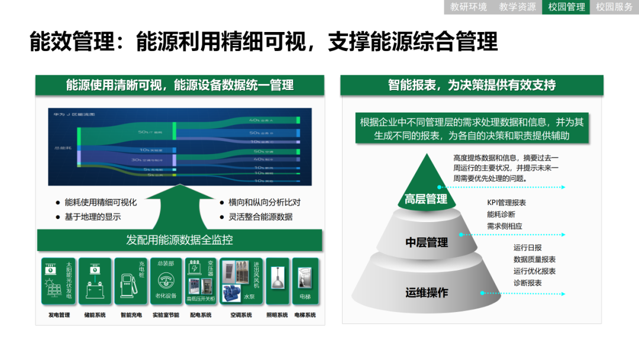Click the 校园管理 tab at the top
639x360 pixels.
(566, 7)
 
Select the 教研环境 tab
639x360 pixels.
(469, 7)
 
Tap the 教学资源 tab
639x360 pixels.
(517, 7)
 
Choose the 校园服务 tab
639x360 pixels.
(614, 7)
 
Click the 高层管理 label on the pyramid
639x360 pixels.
(426, 199)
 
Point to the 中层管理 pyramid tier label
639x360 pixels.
(427, 242)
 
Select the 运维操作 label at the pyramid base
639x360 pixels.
(427, 292)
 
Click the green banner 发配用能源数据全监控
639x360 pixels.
(180, 240)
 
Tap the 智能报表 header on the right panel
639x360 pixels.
(472, 85)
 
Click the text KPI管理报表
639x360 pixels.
(506, 202)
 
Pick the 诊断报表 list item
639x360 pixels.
(527, 283)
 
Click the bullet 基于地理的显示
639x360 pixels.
(93, 217)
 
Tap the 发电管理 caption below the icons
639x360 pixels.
(59, 315)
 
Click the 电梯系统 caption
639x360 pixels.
(305, 315)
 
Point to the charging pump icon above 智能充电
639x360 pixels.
(125, 285)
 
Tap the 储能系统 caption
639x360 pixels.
(95, 315)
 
